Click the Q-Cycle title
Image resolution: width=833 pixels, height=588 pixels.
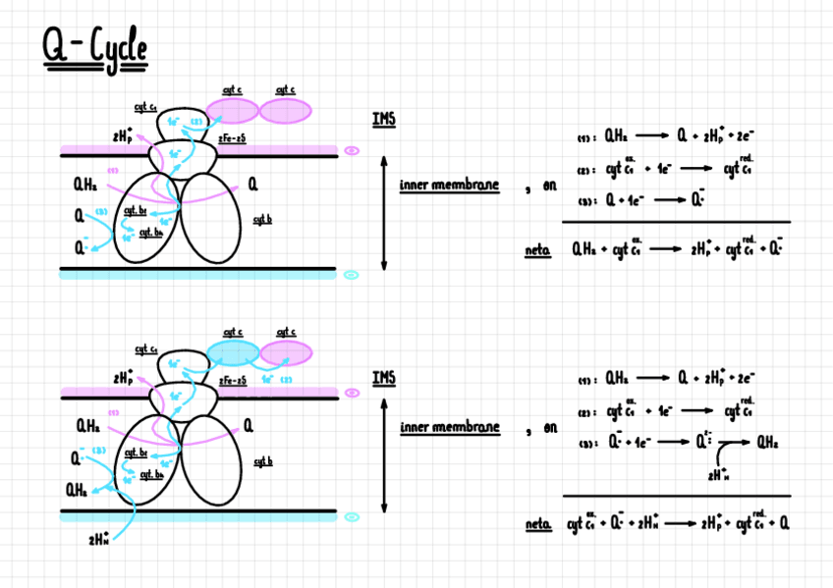pos(94,49)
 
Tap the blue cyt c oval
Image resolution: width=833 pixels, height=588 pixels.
pos(233,352)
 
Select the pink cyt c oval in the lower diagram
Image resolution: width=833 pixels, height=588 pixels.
pos(286,352)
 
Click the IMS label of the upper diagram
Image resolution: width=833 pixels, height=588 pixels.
pos(383,120)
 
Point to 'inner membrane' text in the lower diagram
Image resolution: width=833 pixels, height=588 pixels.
pos(449,428)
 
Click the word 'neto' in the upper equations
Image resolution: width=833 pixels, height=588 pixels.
pos(538,251)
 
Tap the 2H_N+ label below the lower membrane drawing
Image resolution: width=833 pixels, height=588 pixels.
pos(99,539)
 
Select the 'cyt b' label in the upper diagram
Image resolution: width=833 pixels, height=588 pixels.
pos(261,218)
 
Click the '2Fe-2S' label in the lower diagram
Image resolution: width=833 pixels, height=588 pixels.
pos(232,380)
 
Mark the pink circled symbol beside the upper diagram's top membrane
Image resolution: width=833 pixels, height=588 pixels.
pos(353,151)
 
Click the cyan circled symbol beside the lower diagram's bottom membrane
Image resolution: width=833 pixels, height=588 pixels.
pos(353,515)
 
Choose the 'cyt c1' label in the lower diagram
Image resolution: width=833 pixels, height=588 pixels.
pos(147,349)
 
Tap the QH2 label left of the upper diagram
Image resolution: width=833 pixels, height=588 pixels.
pos(84,184)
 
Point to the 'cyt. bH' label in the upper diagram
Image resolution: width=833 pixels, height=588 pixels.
pos(150,233)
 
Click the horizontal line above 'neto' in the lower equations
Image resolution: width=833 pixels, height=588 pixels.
pos(676,496)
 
